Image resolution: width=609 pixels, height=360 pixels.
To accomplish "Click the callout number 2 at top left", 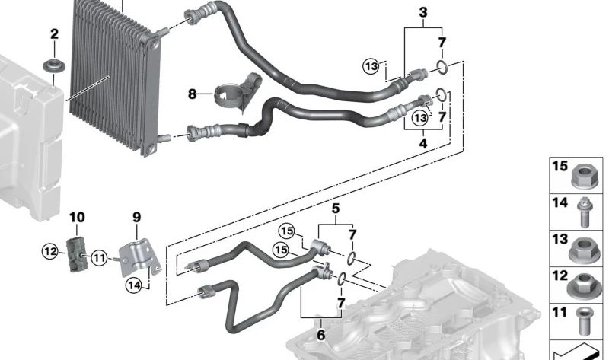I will pyautogui.click(x=53, y=33).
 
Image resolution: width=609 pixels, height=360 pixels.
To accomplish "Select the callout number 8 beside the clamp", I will pyautogui.click(x=193, y=94).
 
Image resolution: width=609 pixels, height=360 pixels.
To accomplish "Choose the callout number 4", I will pyautogui.click(x=423, y=142).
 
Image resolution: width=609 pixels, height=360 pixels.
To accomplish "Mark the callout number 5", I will pyautogui.click(x=334, y=208).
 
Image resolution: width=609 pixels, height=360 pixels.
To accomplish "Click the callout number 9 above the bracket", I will pyautogui.click(x=137, y=217).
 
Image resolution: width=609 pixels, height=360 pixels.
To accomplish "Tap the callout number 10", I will pyautogui.click(x=77, y=217).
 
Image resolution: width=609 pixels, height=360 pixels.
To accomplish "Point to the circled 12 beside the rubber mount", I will pyautogui.click(x=50, y=251).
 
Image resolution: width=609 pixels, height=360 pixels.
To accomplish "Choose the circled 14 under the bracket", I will pyautogui.click(x=134, y=286).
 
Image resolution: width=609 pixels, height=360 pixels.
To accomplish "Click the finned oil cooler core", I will pyautogui.click(x=110, y=72).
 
